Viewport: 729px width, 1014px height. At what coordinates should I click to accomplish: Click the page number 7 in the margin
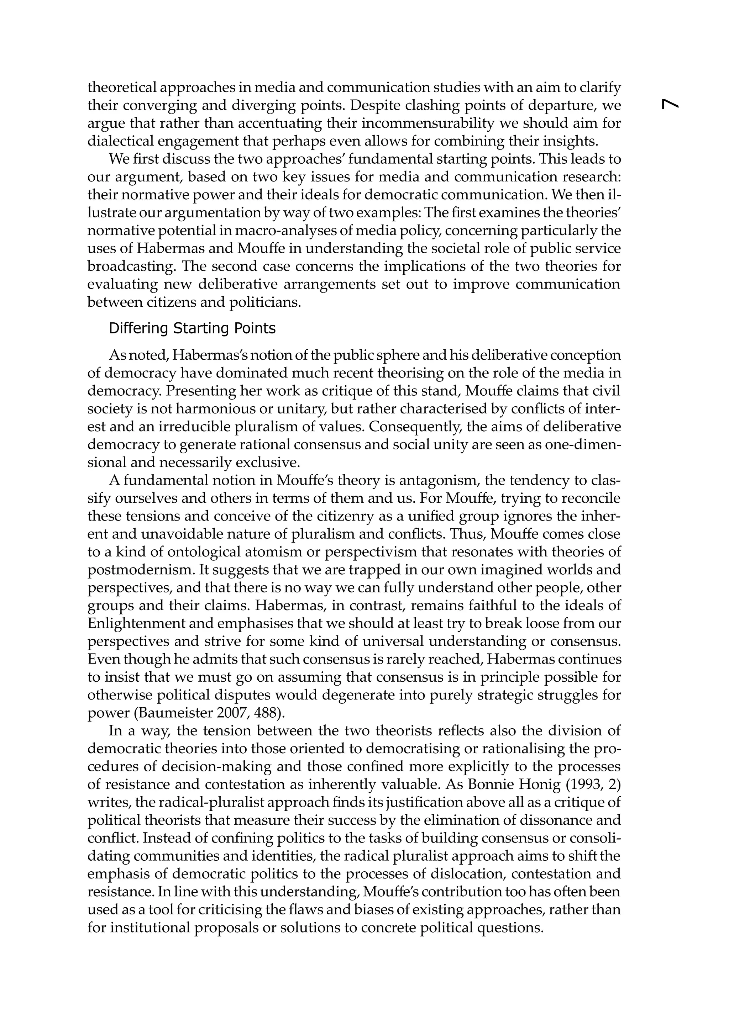[670, 104]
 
